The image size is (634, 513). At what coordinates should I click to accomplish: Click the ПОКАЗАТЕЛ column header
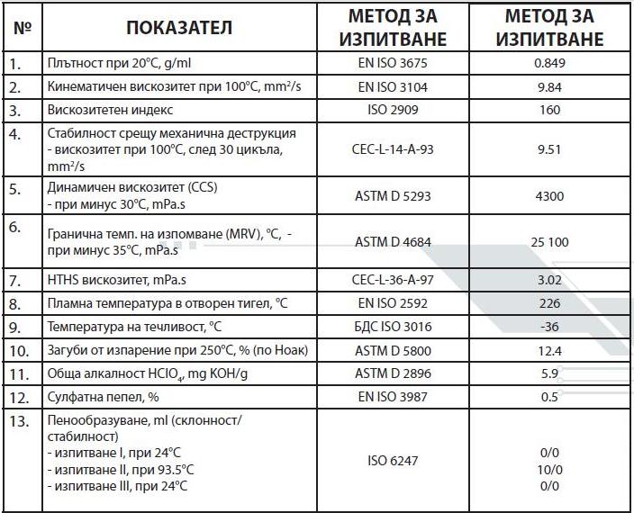179,27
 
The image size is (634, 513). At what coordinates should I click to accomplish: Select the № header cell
23,27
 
